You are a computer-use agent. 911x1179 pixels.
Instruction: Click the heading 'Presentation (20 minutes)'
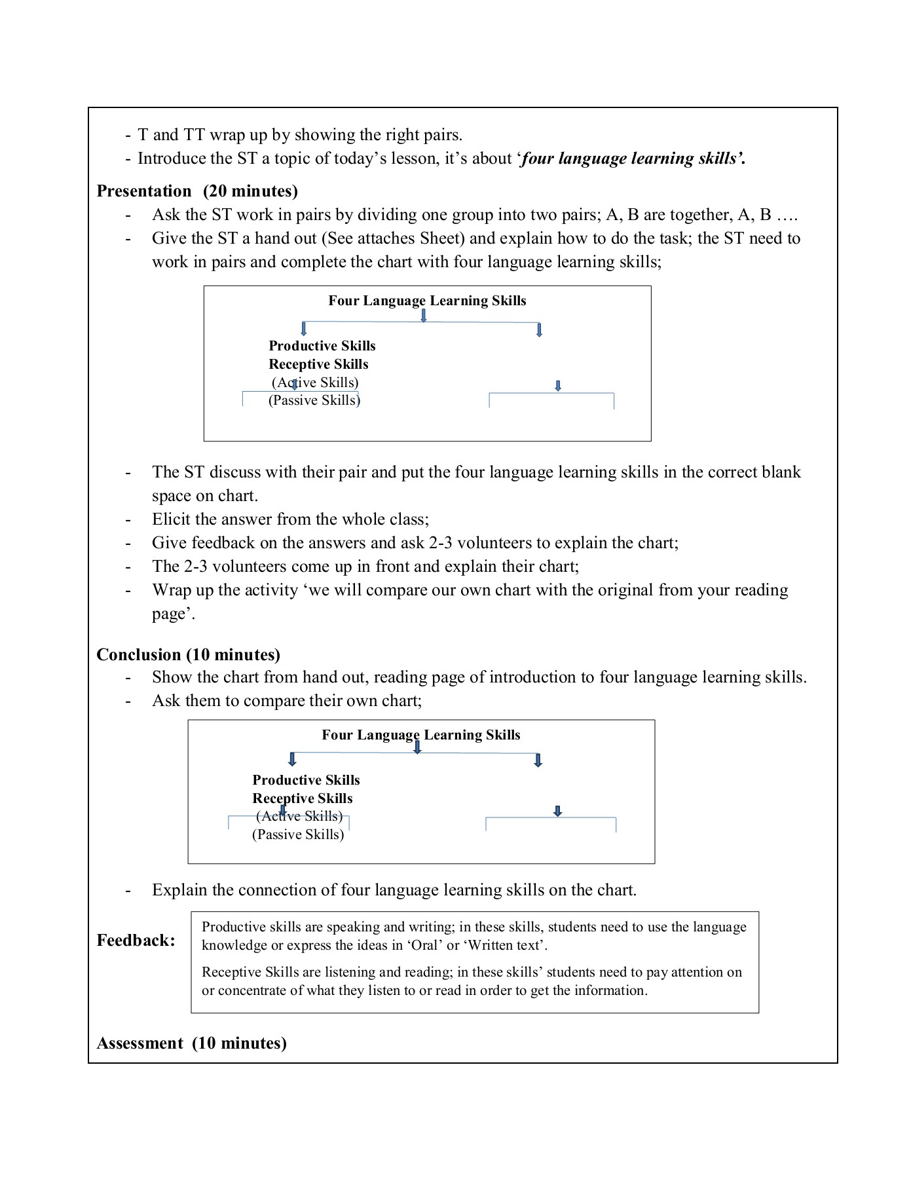tap(197, 191)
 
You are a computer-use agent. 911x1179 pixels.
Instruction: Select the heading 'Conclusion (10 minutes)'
tap(188, 654)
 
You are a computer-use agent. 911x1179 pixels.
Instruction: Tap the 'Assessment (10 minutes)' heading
tap(191, 1043)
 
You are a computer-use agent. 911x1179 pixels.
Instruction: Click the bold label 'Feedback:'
tap(136, 941)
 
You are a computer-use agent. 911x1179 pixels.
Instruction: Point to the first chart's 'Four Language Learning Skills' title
tap(427, 301)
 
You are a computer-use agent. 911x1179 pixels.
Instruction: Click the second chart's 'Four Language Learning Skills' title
tap(420, 735)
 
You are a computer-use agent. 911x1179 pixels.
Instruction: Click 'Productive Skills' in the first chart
tap(322, 346)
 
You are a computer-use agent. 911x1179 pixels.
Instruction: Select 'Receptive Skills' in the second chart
tap(303, 798)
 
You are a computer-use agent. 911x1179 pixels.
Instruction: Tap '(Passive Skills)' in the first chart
tap(314, 400)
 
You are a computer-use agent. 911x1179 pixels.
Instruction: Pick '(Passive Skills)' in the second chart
tap(298, 834)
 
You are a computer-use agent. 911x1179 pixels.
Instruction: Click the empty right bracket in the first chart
tap(551, 400)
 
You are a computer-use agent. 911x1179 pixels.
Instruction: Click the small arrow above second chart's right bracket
tap(557, 811)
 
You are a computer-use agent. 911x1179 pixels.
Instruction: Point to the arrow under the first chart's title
tap(424, 316)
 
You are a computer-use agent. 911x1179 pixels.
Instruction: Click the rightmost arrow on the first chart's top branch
tap(539, 330)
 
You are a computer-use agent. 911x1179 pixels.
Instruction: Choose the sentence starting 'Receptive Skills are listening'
tap(472, 981)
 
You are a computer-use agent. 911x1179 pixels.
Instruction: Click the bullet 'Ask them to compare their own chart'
tap(287, 701)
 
